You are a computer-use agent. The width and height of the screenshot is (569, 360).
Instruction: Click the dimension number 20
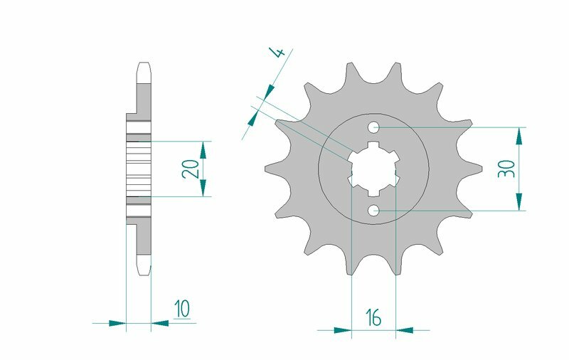point(190,169)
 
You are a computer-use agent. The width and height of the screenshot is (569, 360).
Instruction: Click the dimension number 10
point(182,309)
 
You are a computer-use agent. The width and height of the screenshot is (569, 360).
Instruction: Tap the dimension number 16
point(373,318)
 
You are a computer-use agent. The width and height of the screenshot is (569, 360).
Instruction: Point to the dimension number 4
point(279,53)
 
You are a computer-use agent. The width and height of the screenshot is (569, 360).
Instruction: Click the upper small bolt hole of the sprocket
point(374,128)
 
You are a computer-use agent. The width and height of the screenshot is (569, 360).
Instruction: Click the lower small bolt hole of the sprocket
point(374,211)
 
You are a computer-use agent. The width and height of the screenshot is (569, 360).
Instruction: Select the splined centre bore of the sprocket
point(374,169)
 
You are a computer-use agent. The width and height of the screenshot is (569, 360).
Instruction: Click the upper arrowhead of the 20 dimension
point(203,149)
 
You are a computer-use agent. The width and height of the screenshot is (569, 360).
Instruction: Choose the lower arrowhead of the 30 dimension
point(521,202)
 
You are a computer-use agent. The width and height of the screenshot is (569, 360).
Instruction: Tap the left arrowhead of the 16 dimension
point(344,330)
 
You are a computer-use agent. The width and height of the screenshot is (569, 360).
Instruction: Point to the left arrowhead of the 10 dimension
point(117,323)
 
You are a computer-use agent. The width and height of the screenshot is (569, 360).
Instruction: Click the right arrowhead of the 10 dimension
point(160,323)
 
